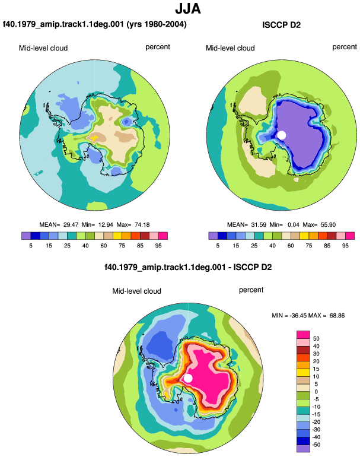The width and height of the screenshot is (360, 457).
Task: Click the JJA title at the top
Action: pos(188,8)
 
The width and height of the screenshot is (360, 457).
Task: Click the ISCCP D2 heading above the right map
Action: pos(281,25)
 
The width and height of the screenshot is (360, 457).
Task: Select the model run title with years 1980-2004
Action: pos(95,24)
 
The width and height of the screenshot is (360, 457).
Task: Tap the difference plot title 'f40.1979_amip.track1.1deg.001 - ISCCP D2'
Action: pos(188,267)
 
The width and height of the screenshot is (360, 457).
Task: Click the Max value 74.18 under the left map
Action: pos(142,225)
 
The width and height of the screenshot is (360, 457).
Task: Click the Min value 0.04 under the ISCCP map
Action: pos(293,225)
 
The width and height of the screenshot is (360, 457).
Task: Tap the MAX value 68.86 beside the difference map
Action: pos(337,315)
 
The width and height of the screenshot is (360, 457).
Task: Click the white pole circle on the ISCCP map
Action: pos(282,135)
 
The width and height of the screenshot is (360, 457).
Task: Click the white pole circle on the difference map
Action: pos(188,378)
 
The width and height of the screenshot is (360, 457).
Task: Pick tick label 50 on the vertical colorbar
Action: pos(316,338)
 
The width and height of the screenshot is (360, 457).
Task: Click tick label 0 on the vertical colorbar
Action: pos(316,392)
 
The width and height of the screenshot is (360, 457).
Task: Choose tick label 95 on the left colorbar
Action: pos(158,246)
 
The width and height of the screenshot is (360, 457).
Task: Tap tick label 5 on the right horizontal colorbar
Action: pos(218,246)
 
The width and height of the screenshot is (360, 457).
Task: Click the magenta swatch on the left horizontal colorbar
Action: pos(163,236)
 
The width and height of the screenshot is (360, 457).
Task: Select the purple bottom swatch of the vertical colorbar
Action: pos(303,448)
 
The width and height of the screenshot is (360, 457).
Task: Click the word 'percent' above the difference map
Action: pos(251,290)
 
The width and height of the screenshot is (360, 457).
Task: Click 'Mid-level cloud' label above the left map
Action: pos(43,48)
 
